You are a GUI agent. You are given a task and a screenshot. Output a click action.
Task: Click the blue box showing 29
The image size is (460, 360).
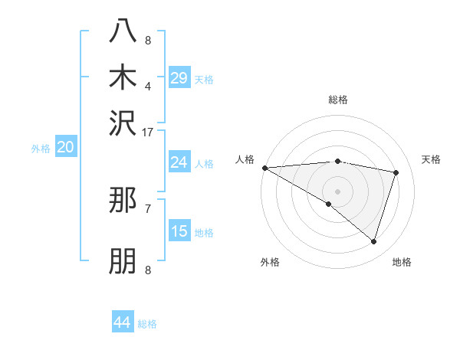point(179,78)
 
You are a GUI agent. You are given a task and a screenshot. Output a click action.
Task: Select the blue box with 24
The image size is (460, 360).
point(179,162)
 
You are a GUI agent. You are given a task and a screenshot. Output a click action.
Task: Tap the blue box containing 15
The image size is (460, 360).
point(179,232)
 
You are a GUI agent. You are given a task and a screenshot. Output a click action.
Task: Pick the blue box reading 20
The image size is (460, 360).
point(65,148)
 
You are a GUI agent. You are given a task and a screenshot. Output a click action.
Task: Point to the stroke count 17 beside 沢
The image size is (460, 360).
point(148,131)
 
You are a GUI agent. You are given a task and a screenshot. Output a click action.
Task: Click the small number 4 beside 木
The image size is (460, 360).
point(148,87)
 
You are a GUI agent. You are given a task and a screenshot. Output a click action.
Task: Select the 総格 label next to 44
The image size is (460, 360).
point(147,324)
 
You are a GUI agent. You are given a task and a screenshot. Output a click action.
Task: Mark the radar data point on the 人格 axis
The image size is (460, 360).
point(264,167)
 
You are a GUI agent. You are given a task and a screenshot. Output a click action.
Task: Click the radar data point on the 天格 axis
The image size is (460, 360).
point(396,172)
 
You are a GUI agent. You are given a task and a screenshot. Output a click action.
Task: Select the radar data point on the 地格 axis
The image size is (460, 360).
point(373,241)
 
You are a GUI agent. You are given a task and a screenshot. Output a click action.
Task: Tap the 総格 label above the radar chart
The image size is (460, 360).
point(337,100)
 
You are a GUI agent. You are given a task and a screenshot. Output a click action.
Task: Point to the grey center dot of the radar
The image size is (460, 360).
point(337,190)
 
